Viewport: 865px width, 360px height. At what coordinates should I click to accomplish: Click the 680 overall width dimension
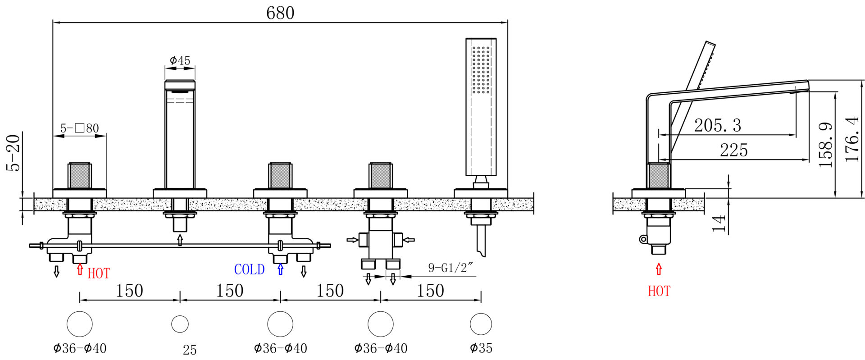point(280,13)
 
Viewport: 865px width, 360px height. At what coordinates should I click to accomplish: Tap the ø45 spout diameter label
point(180,60)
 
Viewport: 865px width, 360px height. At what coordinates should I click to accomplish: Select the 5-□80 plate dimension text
point(80,128)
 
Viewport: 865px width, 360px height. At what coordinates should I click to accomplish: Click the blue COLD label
point(249,269)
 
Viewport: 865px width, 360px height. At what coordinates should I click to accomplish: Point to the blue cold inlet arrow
point(281,269)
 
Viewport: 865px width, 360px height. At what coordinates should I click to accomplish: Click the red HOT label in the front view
point(99,273)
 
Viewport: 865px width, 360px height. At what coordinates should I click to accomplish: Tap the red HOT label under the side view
point(659,291)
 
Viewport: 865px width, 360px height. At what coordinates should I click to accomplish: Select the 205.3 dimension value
point(717,125)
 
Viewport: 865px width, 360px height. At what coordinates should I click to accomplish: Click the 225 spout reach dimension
point(733,150)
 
